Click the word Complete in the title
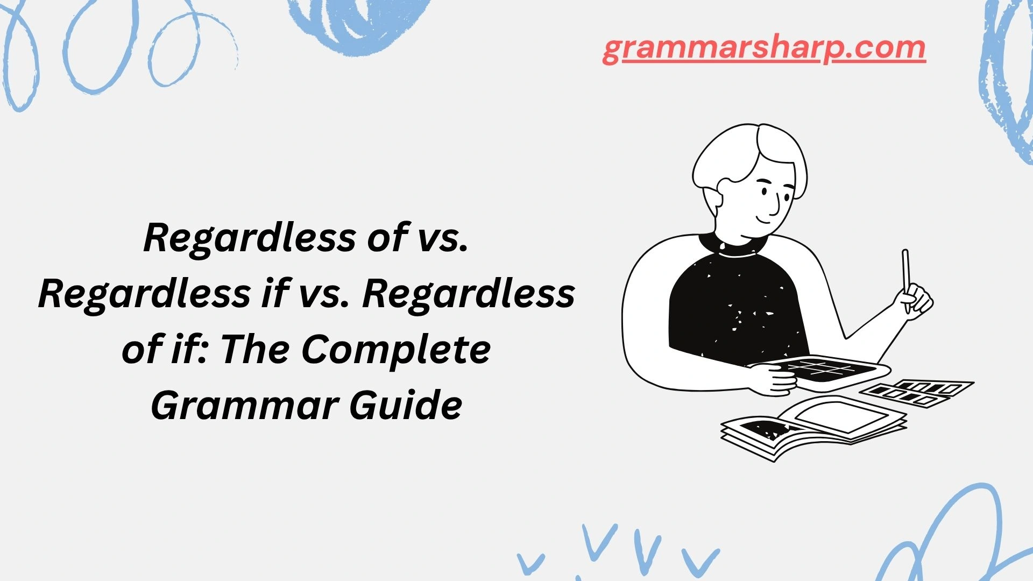pos(396,350)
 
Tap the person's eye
pos(766,192)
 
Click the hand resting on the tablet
pos(775,379)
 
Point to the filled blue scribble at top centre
pos(355,22)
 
